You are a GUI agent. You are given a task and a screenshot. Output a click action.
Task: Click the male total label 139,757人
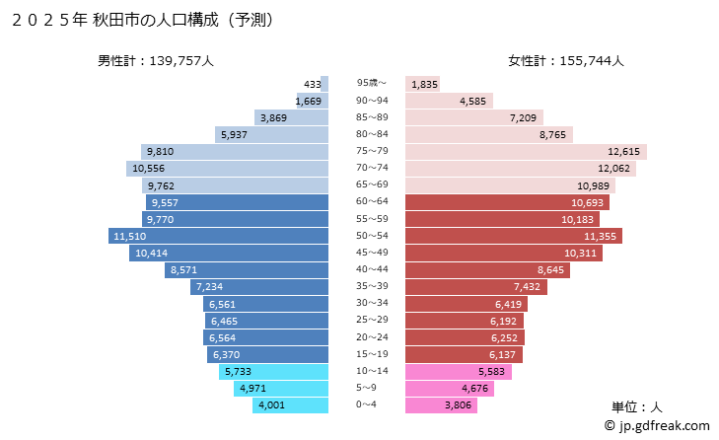(155, 61)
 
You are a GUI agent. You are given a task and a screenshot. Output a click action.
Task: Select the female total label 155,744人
(566, 61)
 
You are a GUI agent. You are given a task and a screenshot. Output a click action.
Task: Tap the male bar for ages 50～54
(218, 237)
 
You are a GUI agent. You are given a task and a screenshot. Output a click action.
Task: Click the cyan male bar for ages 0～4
(290, 405)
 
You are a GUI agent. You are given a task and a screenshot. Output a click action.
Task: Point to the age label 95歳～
(372, 83)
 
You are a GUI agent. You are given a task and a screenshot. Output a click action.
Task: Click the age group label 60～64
(373, 201)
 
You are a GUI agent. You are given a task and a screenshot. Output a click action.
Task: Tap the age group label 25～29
(373, 321)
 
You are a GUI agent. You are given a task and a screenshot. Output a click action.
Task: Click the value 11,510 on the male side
(130, 237)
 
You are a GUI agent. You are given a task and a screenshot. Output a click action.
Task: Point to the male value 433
(315, 84)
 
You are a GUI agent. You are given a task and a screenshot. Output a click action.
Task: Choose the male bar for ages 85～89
(291, 117)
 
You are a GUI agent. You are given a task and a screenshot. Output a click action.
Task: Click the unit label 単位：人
(640, 406)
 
